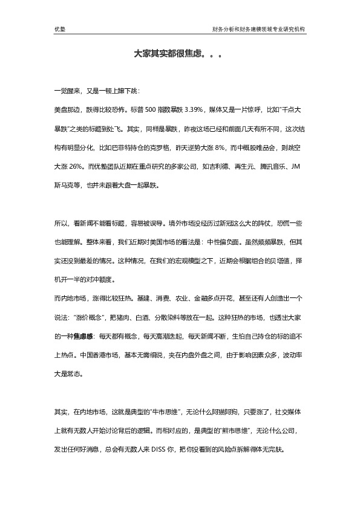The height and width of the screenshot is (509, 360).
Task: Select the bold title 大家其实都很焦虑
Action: [x=172, y=54]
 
